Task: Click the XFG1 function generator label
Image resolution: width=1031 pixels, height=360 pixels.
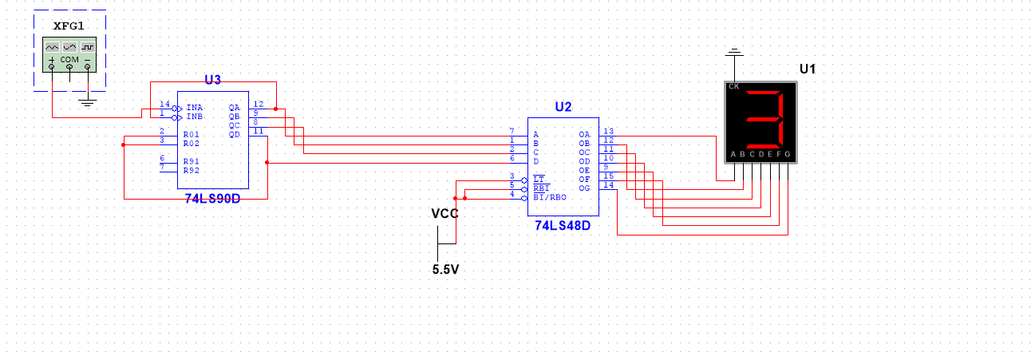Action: (x=69, y=26)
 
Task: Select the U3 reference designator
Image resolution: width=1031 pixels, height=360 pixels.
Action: (x=212, y=79)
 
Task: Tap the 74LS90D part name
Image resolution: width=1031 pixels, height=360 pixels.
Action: (x=212, y=198)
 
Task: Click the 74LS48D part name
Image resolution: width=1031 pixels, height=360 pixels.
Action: (x=563, y=226)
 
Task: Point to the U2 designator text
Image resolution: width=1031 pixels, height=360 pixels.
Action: (x=563, y=107)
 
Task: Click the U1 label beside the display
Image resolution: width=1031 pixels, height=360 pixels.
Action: (x=808, y=69)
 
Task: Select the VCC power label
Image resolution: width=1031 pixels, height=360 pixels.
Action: (x=444, y=213)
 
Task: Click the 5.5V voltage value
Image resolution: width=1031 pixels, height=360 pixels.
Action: (x=445, y=269)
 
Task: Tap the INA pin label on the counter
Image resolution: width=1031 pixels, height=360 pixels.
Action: (x=194, y=107)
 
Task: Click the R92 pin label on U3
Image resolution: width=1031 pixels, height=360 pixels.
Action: (x=191, y=170)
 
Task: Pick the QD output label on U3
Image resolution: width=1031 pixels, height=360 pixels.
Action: (x=235, y=134)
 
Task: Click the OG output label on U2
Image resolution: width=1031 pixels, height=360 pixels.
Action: (x=584, y=188)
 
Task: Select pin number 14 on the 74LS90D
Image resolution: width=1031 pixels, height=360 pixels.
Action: (x=164, y=105)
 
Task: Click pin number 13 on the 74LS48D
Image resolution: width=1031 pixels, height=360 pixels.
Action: (x=608, y=131)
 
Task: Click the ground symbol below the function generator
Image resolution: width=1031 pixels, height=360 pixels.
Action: (x=88, y=101)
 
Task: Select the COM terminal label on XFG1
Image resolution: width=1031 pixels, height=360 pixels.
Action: (x=69, y=60)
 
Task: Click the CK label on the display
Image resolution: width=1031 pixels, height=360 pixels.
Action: (x=733, y=86)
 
